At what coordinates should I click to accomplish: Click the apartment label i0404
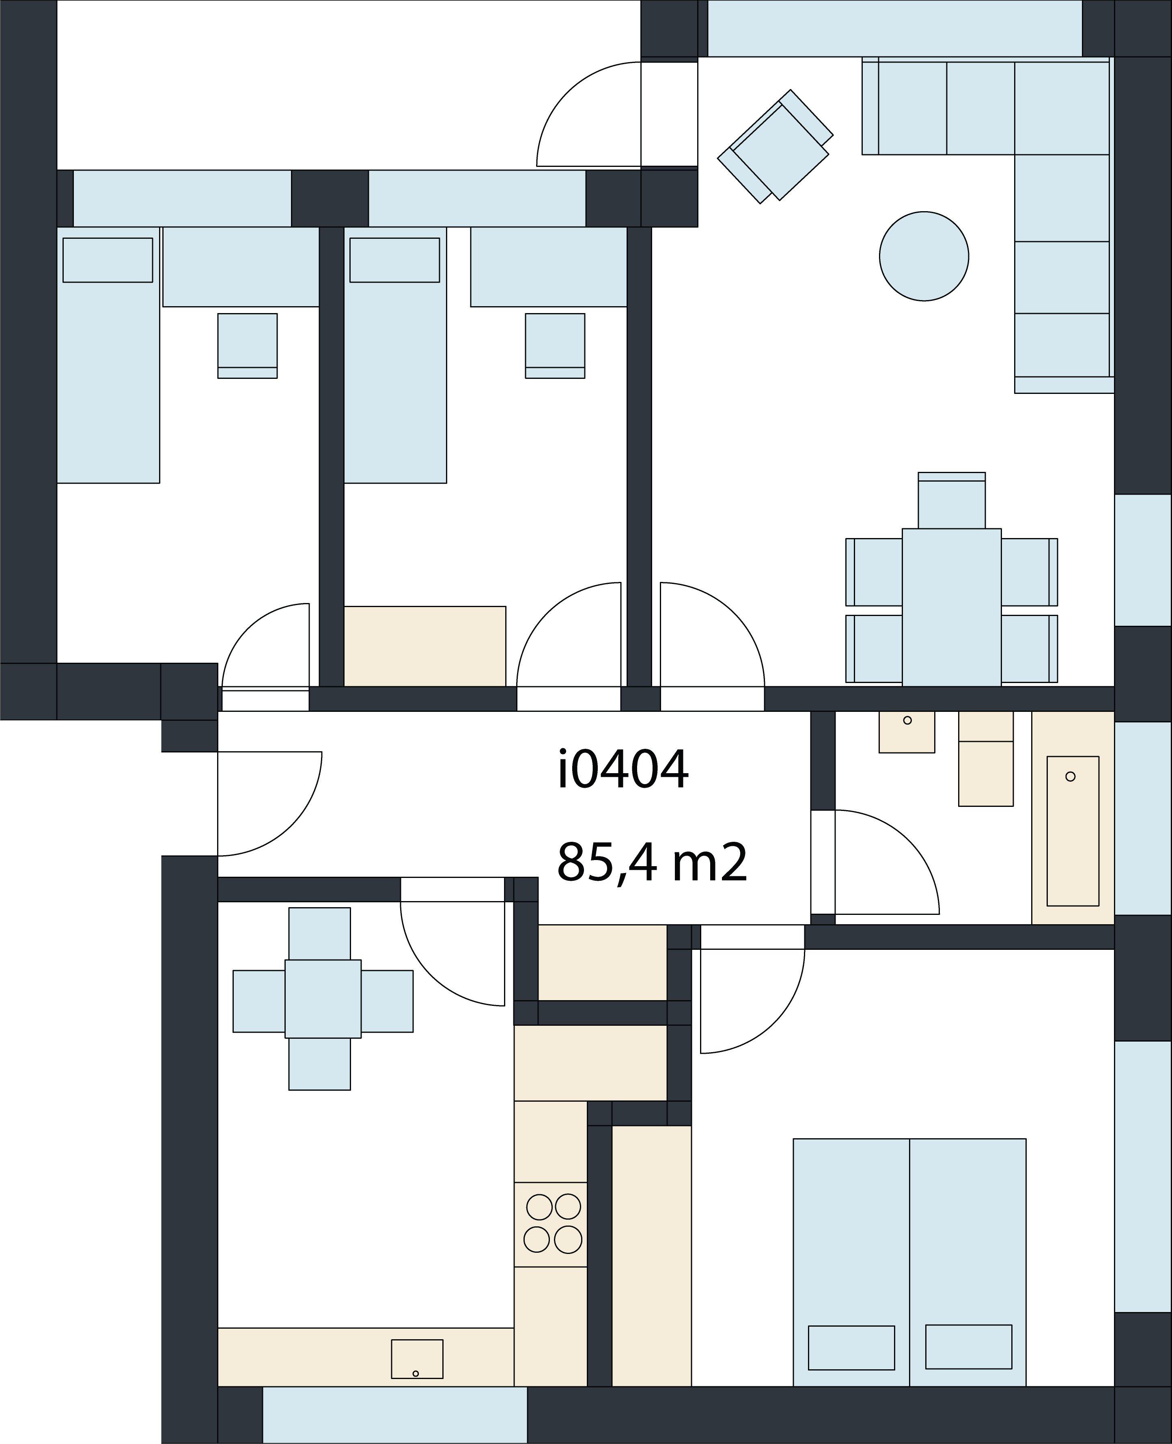(623, 769)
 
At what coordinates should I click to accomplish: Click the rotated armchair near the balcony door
(775, 146)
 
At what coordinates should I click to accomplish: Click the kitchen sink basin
(417, 1359)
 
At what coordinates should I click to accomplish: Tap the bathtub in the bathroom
(1073, 831)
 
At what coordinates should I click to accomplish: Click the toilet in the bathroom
(986, 759)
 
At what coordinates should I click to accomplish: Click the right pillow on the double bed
(969, 1347)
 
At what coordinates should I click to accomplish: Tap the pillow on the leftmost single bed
(108, 260)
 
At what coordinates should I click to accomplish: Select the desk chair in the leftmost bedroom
(247, 346)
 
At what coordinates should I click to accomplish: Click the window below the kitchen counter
(394, 1416)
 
